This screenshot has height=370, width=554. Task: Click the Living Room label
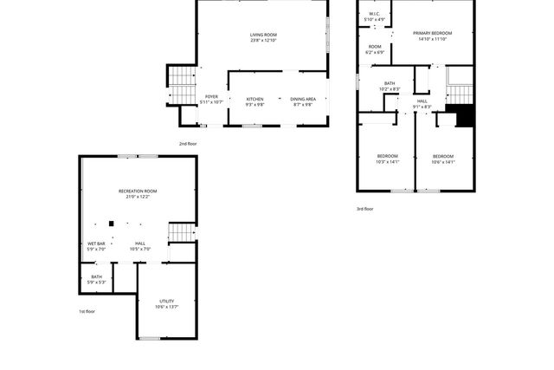[x=263, y=35]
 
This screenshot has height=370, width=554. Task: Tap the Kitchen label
[x=254, y=100]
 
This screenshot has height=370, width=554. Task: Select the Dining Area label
[x=303, y=100]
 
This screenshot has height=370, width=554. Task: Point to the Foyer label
[x=211, y=97]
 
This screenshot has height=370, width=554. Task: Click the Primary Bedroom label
[x=432, y=33]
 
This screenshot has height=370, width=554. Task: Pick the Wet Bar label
[x=96, y=243]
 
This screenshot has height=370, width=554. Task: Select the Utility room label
[x=166, y=301]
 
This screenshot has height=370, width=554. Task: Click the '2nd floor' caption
[x=188, y=144]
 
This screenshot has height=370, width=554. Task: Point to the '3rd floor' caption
[x=365, y=209]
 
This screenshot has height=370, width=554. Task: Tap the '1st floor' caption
[x=87, y=311]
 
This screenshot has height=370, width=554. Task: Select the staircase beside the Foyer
[x=179, y=84]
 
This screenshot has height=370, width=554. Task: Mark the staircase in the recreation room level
[x=180, y=232]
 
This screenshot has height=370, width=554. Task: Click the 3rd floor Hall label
[x=422, y=101]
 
